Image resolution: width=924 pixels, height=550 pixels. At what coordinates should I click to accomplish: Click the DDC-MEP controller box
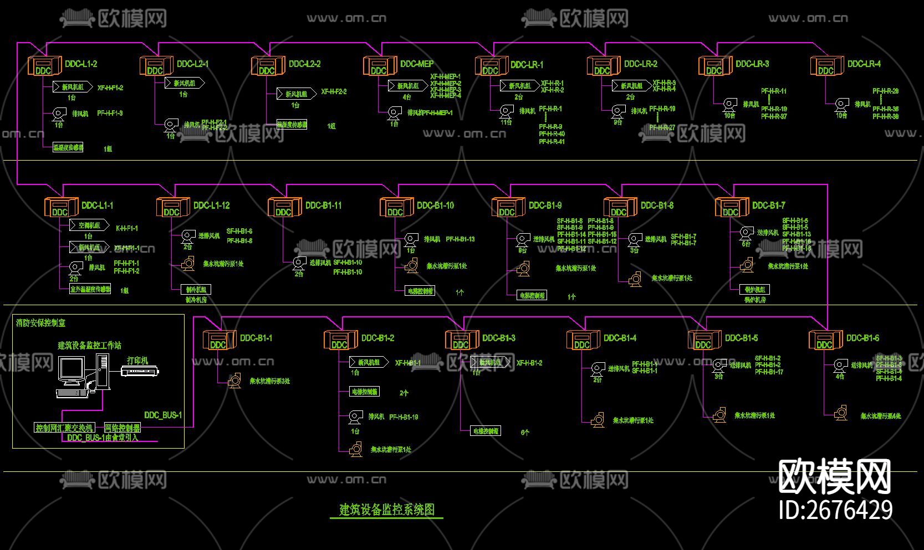[x=380, y=66]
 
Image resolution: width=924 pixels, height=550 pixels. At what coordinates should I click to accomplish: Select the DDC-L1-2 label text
[x=81, y=64]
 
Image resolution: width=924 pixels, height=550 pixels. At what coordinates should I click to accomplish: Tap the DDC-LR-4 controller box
[x=826, y=66]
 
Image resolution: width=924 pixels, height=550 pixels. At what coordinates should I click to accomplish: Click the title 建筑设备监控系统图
[x=387, y=510]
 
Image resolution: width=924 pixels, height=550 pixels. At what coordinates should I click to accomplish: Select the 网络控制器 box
[x=122, y=428]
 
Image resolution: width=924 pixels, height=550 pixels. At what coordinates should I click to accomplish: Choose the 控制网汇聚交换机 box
[x=65, y=428]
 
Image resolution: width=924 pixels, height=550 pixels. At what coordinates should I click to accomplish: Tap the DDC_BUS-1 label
[x=163, y=415]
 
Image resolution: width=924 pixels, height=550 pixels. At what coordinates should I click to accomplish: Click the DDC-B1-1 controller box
[x=219, y=340]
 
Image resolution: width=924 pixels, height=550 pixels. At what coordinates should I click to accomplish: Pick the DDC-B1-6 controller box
[x=825, y=340]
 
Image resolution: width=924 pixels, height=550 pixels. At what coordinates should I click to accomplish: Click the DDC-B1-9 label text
[x=545, y=205]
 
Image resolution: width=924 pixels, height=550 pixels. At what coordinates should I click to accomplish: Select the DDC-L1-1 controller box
[x=61, y=208]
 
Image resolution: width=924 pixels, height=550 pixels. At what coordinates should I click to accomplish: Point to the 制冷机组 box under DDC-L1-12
[x=196, y=289]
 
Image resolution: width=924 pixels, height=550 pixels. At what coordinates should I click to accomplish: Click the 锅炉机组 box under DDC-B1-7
[x=755, y=289]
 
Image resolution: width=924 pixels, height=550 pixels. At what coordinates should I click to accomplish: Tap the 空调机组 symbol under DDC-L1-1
[x=89, y=225]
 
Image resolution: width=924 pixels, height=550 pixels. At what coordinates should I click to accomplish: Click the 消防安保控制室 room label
[x=41, y=322]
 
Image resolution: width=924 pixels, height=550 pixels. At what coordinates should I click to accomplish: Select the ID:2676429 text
[x=835, y=510]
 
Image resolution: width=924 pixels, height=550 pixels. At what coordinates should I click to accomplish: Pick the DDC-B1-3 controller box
[x=462, y=340]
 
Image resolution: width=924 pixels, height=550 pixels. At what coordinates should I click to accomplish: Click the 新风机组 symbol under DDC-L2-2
[x=296, y=94]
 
